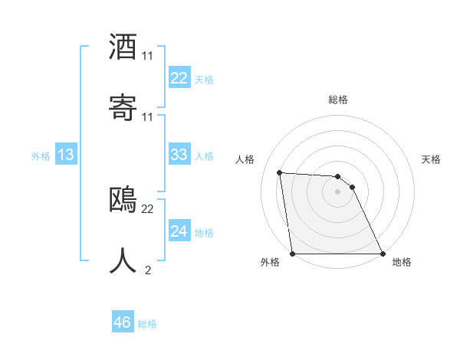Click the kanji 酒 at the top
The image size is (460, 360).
tap(123, 47)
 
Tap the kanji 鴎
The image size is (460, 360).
tap(123, 200)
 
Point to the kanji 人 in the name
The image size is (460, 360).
tap(123, 260)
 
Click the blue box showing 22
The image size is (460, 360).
tap(179, 78)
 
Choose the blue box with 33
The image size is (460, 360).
tap(179, 155)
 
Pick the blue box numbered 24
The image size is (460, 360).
tap(179, 231)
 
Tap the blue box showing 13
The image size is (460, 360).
tap(66, 155)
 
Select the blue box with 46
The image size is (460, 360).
tap(123, 322)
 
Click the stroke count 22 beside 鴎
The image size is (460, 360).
tap(147, 208)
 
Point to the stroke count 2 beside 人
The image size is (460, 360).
tap(147, 269)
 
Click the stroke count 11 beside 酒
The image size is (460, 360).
tap(147, 56)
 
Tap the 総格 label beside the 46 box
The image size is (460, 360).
tap(147, 324)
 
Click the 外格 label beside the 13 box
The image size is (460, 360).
tap(41, 156)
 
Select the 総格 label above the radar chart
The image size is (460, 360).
tap(338, 100)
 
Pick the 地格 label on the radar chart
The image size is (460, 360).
tap(402, 263)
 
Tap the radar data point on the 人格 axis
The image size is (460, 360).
tap(280, 172)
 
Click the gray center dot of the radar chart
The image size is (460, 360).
tap(338, 191)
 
